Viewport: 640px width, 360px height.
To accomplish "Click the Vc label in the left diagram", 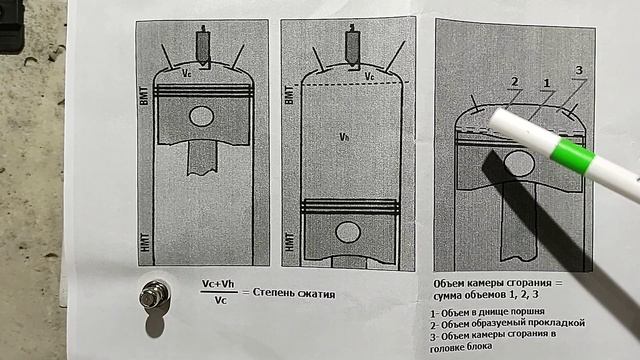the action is pos(187,73).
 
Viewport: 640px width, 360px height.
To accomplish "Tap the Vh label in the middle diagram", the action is pos(344,137).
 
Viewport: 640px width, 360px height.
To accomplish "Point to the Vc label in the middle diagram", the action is pos(369,76).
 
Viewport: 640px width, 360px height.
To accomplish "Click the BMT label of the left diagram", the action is pos(144,96).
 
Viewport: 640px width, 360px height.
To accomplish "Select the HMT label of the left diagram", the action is pos(144,242).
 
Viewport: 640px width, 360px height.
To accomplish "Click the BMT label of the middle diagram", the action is pos(289,95).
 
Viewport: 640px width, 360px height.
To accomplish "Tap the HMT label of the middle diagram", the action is pos(289,242).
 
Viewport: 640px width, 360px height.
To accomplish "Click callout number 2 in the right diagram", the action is pos(515,82).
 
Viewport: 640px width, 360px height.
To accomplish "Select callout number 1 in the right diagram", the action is pos(547,84).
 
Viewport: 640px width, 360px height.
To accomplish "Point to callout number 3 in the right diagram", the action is pos(579,70).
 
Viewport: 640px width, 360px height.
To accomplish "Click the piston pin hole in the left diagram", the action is pos(202,116).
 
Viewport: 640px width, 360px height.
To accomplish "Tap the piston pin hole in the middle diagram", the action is pos(348,232).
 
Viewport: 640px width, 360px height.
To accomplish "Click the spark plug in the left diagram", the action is pos(203,47).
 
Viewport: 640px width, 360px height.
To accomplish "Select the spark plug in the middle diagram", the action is pos(352,46).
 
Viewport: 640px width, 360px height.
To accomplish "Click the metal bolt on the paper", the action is pos(154,294).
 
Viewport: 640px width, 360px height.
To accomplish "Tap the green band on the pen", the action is pos(572,156).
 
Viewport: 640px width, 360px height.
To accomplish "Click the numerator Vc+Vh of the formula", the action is pos(218,284).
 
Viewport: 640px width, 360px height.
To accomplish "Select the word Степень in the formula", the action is pos(274,293).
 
